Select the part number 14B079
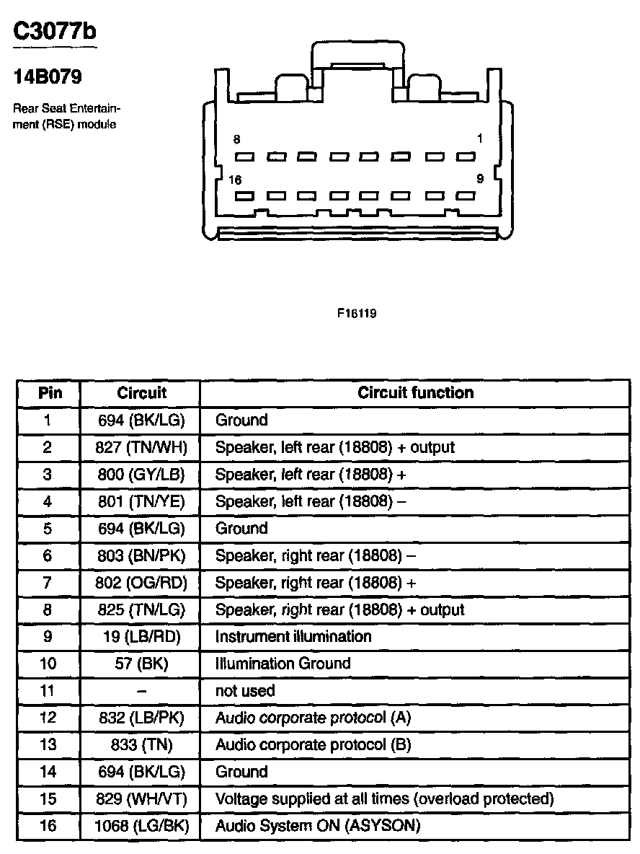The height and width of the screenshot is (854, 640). click(x=48, y=76)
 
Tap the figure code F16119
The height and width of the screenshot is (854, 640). click(x=356, y=314)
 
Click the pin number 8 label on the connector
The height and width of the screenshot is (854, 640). click(x=236, y=138)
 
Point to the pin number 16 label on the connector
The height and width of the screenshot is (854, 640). click(x=235, y=180)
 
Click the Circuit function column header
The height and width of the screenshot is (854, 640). click(x=415, y=393)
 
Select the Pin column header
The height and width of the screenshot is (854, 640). click(x=50, y=393)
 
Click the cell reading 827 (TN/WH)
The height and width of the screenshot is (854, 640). click(x=141, y=447)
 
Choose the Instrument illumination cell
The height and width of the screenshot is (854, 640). click(x=293, y=636)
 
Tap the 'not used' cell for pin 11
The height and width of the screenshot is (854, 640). click(x=245, y=691)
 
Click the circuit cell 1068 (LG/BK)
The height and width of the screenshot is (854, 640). click(x=141, y=826)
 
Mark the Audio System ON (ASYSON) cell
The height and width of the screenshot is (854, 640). click(x=317, y=826)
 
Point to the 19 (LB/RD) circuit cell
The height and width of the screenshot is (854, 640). click(x=141, y=637)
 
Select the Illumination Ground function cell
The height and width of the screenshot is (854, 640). click(x=283, y=664)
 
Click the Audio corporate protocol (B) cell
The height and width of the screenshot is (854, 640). click(x=313, y=745)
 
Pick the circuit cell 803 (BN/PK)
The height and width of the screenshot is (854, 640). click(x=141, y=556)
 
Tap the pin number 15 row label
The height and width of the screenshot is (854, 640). click(x=48, y=799)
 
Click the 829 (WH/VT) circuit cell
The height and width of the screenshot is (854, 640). click(x=141, y=799)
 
